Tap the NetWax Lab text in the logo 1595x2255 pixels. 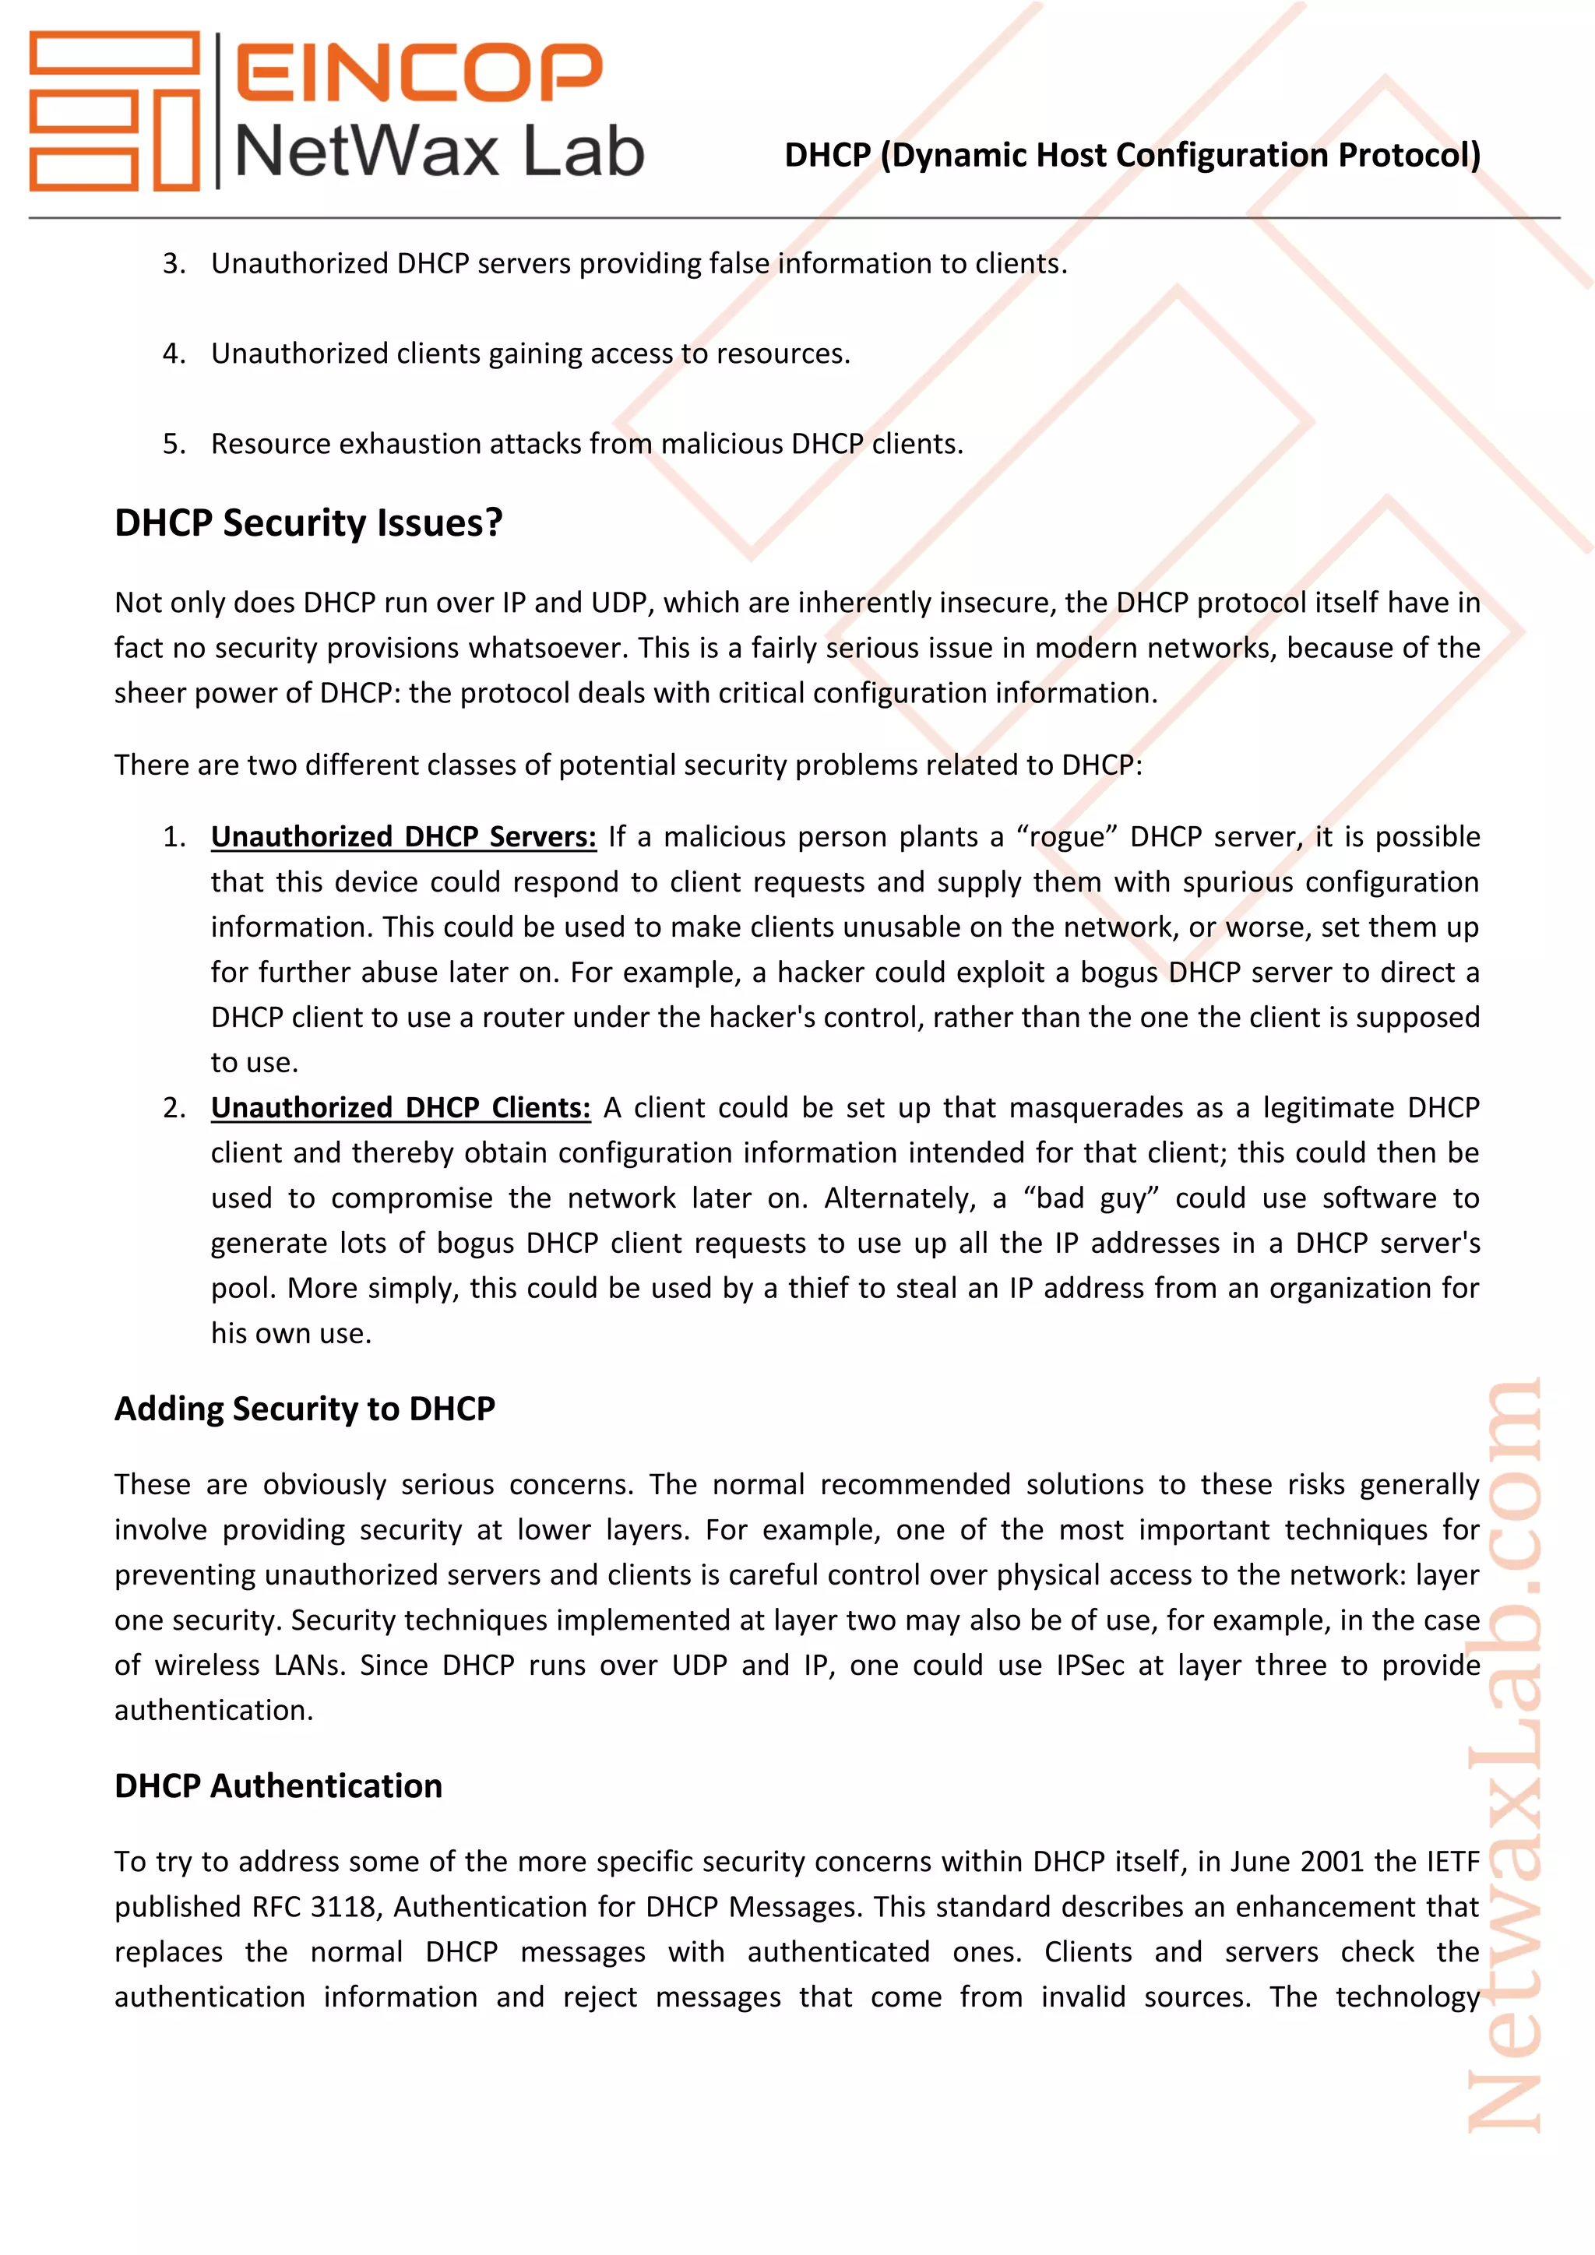click(x=439, y=153)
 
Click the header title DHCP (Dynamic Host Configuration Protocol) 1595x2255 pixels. click(x=1132, y=155)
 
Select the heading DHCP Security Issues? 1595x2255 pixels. click(x=308, y=522)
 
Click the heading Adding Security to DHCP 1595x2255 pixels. click(x=305, y=1409)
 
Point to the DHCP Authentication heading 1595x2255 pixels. click(x=278, y=1785)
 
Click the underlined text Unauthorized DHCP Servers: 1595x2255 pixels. click(x=403, y=837)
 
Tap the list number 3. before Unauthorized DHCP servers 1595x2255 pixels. click(x=174, y=264)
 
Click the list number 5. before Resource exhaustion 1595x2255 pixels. click(x=174, y=444)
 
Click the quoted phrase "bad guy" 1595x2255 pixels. click(x=1091, y=1198)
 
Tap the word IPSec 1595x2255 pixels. click(x=1090, y=1666)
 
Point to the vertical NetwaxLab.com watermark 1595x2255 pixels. click(x=1504, y=1758)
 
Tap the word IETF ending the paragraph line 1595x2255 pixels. click(x=1452, y=1862)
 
